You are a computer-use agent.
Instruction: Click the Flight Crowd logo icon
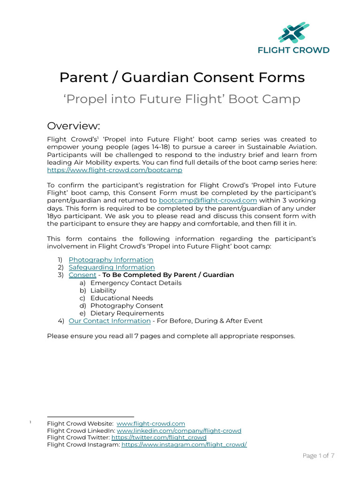(293, 32)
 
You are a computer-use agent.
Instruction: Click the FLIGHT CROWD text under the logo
(293, 50)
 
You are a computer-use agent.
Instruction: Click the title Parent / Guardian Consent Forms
(182, 77)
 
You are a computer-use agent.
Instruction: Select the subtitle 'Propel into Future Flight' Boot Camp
(182, 99)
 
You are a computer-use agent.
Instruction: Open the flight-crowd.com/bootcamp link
(114, 170)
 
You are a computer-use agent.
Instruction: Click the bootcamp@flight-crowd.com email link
(208, 200)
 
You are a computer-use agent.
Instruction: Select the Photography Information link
(111, 260)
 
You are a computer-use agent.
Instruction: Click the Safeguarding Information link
(112, 267)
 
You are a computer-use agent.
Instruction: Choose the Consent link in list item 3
(82, 275)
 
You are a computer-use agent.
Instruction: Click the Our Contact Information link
(109, 321)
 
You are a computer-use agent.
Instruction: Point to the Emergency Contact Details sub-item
(135, 283)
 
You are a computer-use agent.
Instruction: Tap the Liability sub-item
(103, 291)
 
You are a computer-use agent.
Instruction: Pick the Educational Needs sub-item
(121, 298)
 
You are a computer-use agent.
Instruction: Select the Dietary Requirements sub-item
(127, 313)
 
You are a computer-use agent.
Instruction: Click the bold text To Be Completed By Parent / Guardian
(168, 275)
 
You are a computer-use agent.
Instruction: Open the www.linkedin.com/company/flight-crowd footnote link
(179, 431)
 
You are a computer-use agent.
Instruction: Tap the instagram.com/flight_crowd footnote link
(184, 445)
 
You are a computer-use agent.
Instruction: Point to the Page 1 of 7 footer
(318, 456)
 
